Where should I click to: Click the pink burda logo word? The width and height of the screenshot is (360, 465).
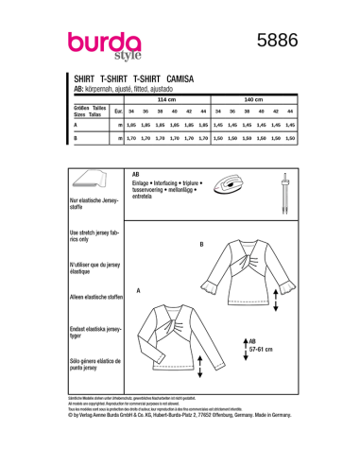pos(104,43)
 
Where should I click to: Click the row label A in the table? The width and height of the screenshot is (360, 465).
pos(76,125)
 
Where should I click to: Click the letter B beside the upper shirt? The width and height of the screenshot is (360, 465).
pos(201,244)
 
